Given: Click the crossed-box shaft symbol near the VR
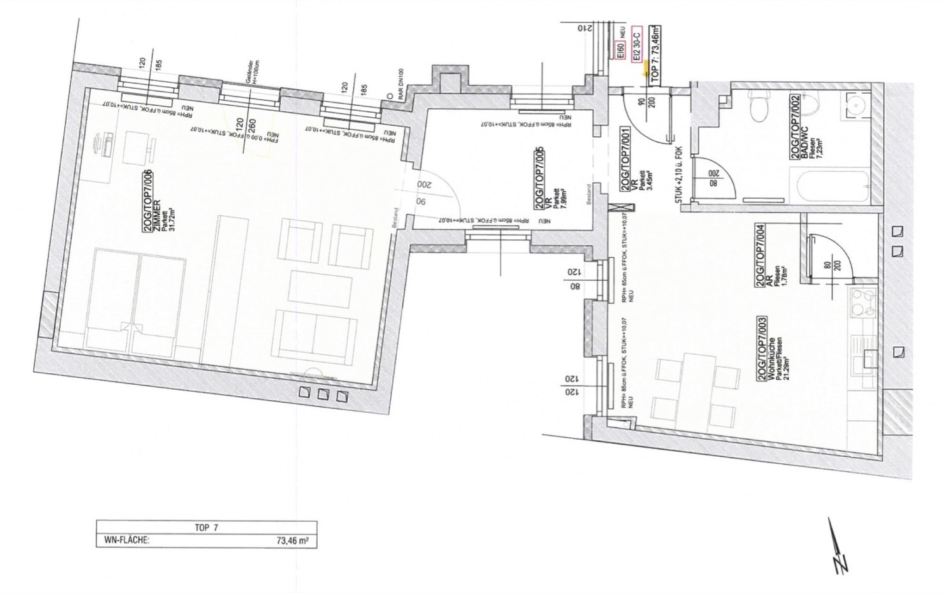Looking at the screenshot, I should pos(616,208).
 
